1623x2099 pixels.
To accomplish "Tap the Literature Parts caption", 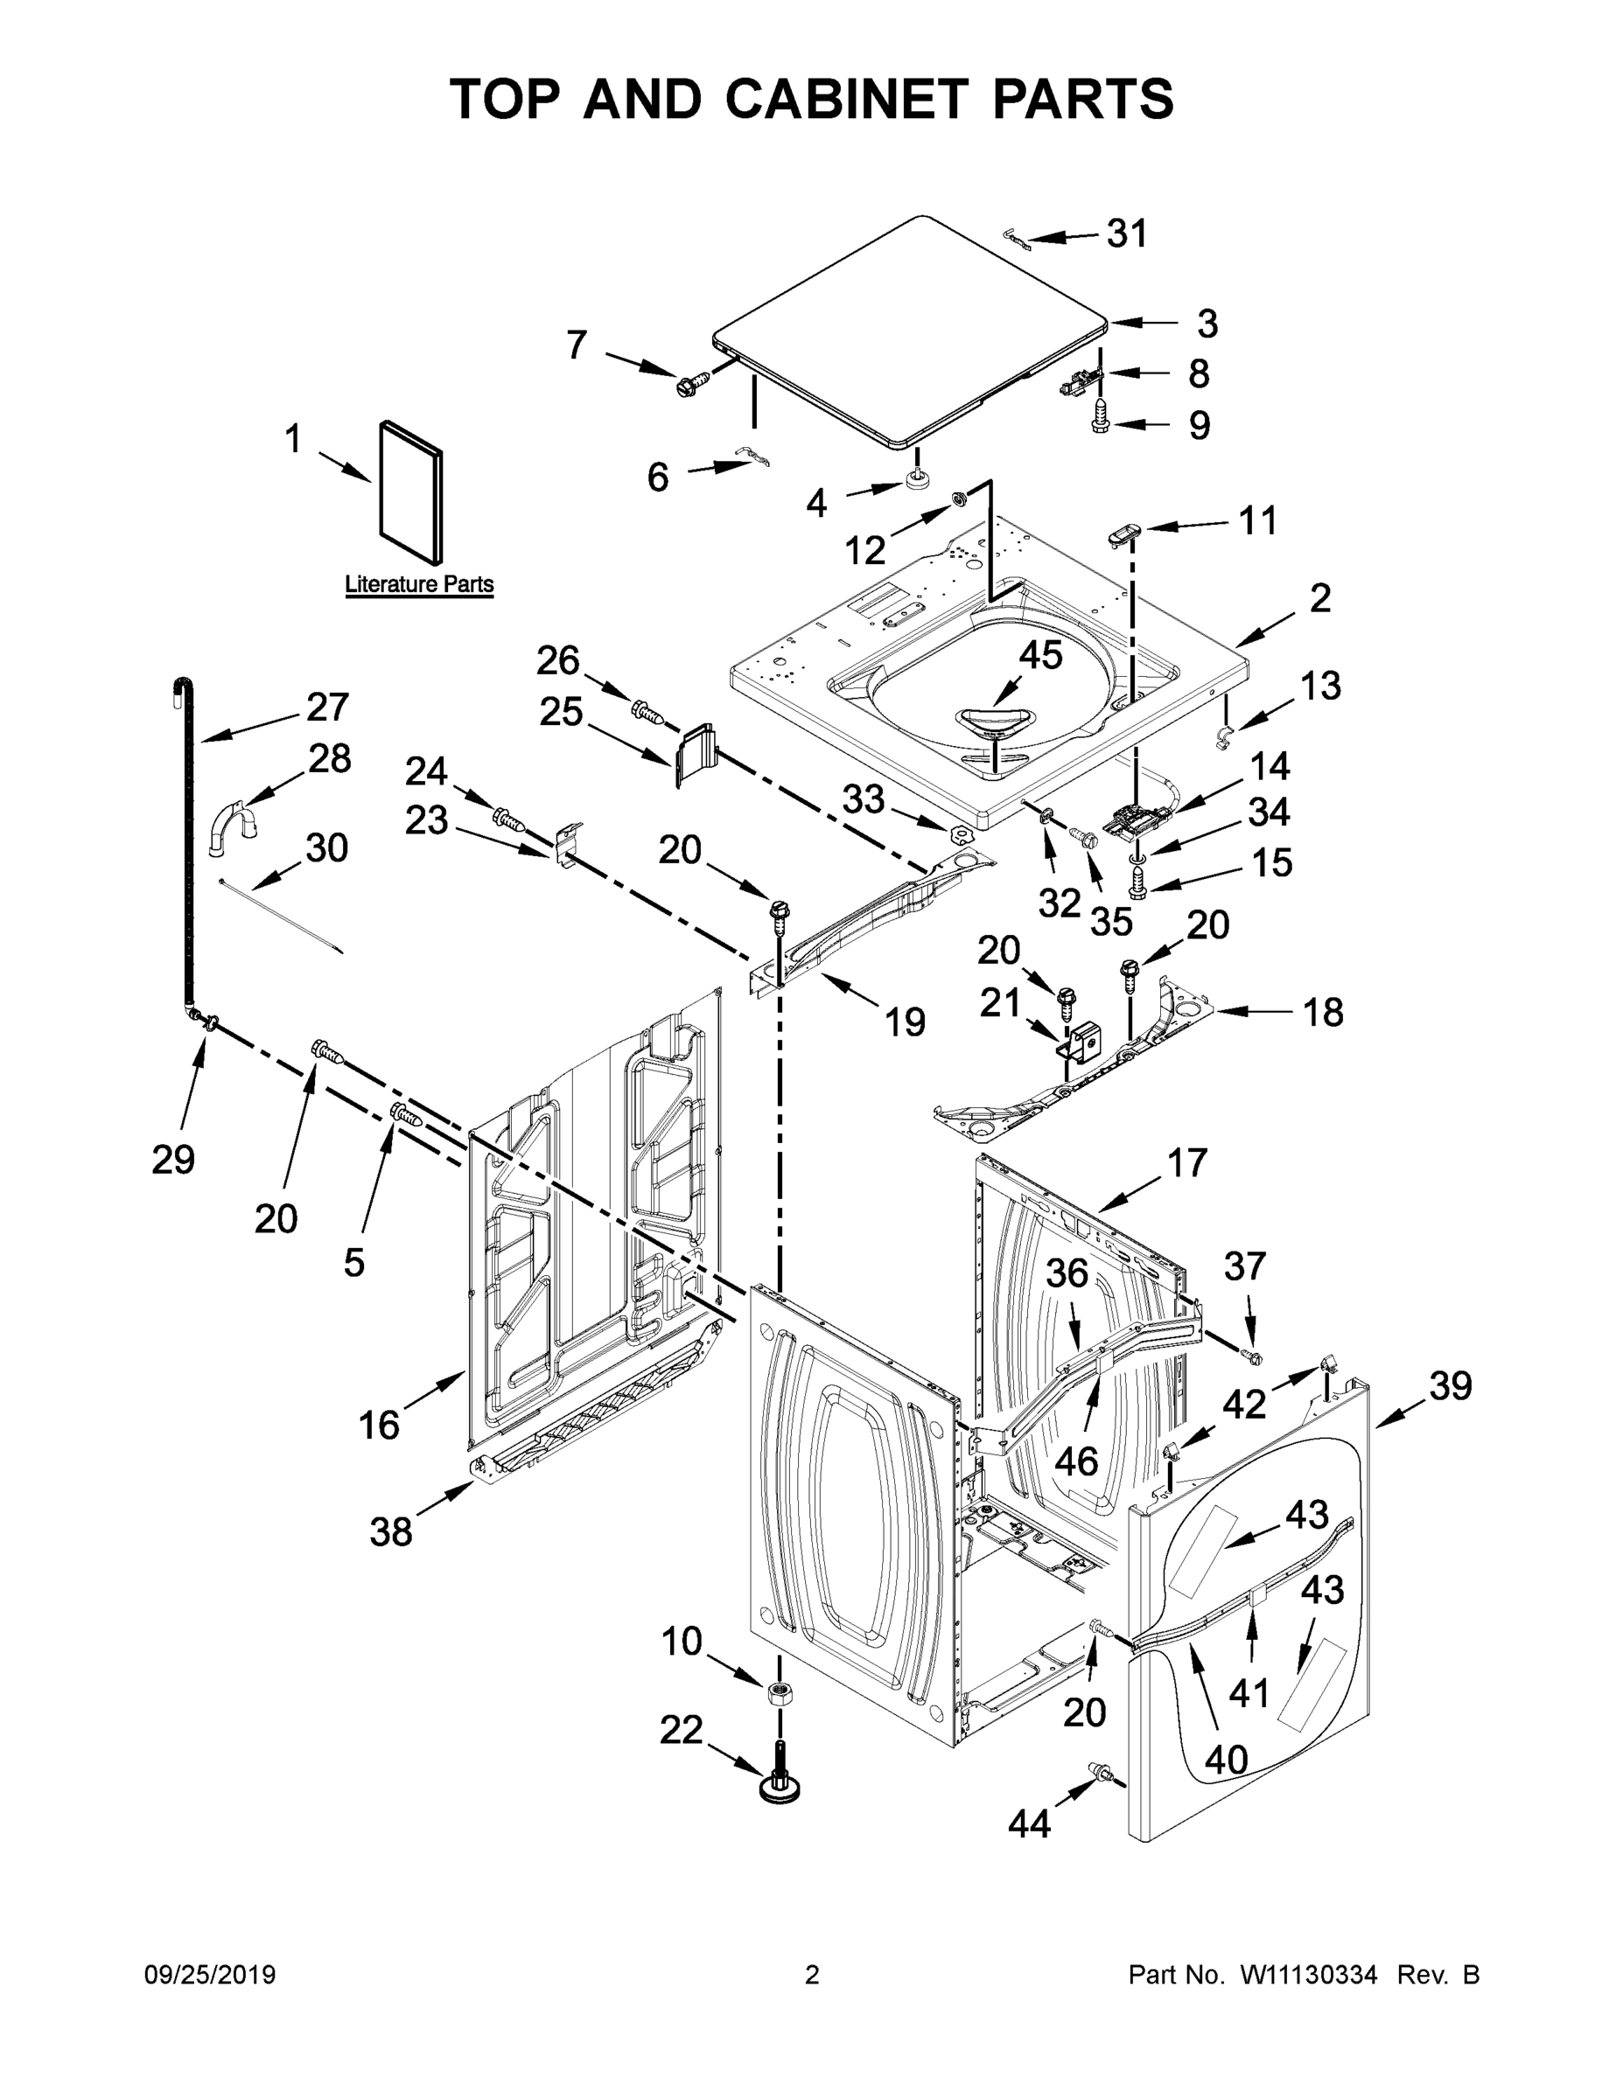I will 419,584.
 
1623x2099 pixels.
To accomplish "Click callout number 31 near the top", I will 1127,234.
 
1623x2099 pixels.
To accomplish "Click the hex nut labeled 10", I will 780,1693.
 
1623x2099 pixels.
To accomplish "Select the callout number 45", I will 1040,655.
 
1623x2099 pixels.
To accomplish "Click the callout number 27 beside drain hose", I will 327,708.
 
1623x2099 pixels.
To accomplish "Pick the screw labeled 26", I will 649,712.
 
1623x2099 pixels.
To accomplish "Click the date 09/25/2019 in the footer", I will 210,1975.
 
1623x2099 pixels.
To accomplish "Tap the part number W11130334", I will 1309,1975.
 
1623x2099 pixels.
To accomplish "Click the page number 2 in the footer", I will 812,1975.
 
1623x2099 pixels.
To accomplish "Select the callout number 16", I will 379,1425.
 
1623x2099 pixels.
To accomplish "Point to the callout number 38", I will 390,1532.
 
